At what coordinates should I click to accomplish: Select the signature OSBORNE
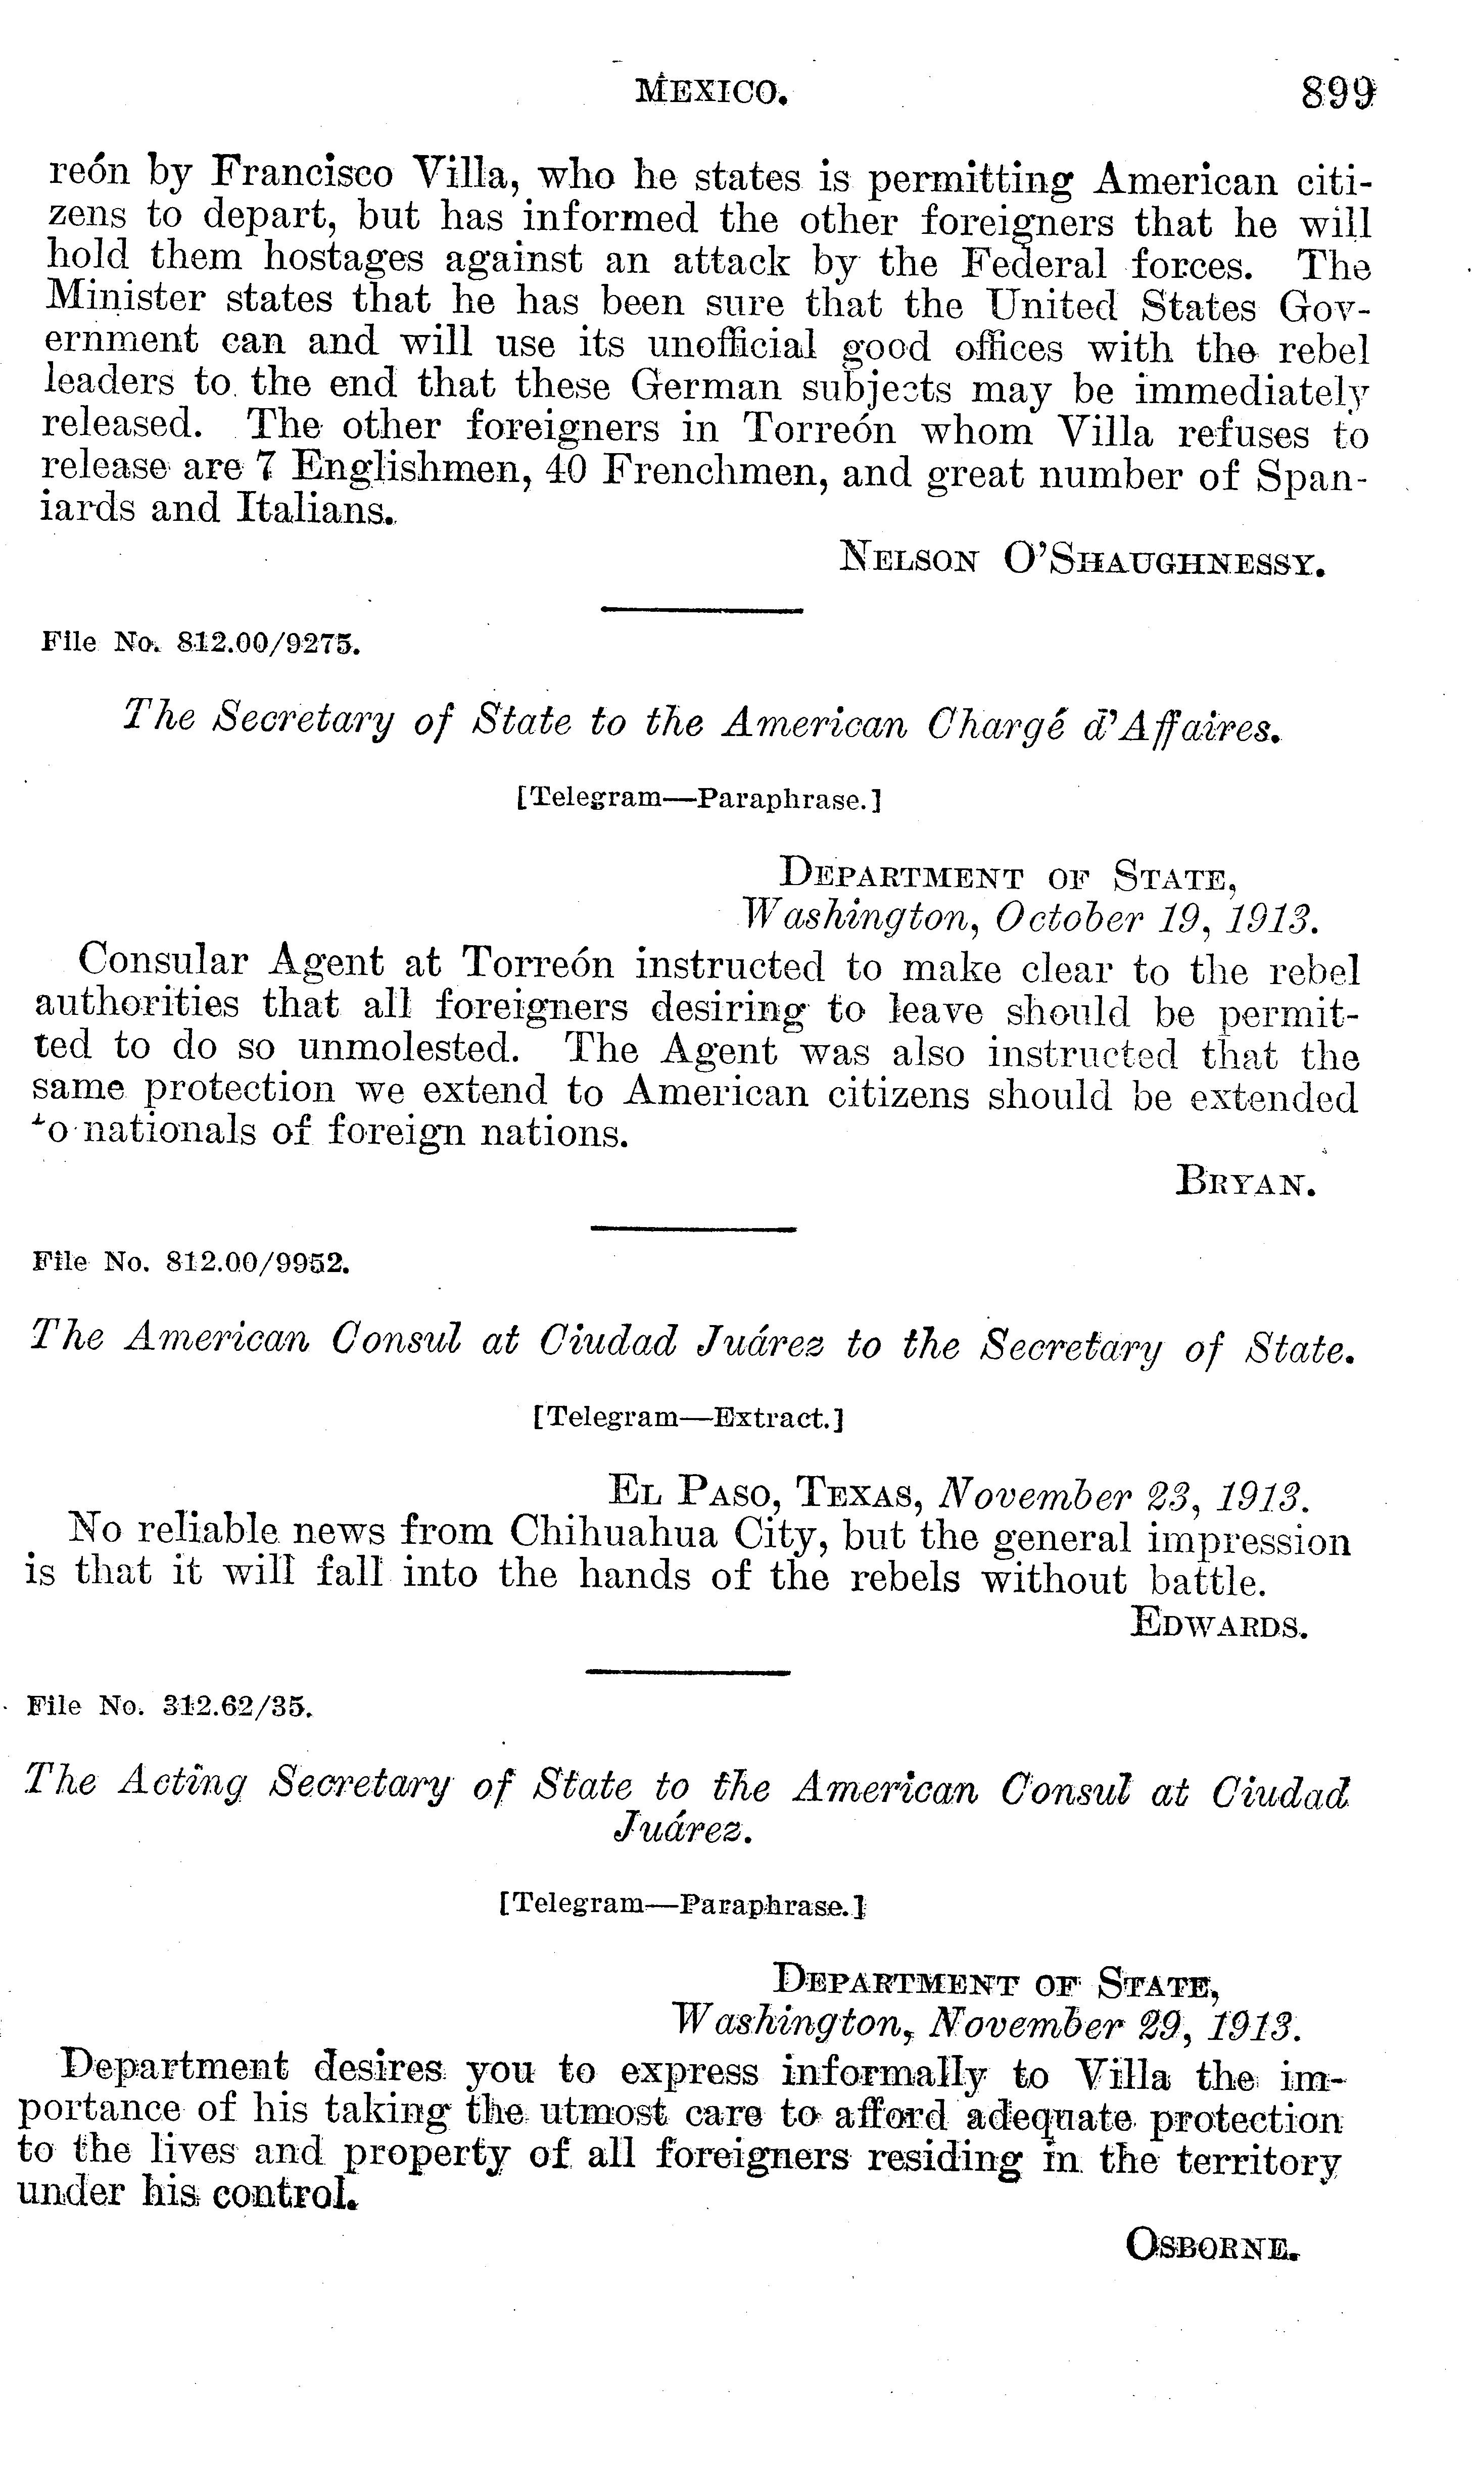click(x=1212, y=2244)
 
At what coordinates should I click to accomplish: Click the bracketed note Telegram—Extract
click(x=688, y=1418)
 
